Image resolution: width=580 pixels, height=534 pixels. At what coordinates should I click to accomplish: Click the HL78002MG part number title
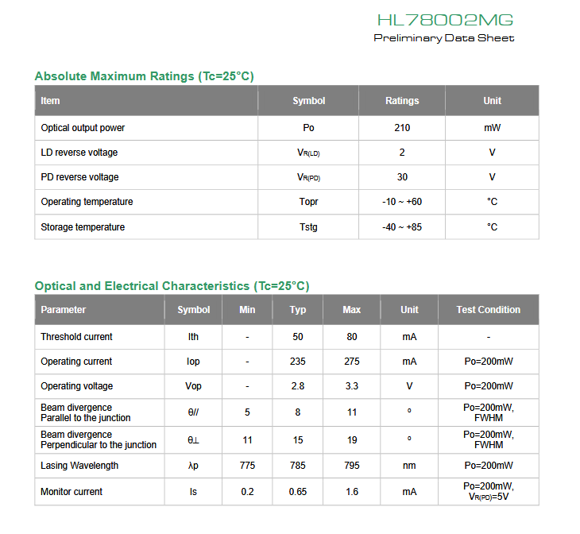tap(445, 20)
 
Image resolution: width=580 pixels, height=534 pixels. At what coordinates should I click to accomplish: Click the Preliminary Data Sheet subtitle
tap(444, 38)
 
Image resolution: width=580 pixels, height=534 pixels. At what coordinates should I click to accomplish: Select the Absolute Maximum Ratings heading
tap(144, 76)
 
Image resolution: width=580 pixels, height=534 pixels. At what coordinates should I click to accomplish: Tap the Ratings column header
tap(402, 101)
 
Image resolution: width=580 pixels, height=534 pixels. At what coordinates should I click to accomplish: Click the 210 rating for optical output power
tap(402, 128)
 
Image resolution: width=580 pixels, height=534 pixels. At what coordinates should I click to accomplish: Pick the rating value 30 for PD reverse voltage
tap(402, 177)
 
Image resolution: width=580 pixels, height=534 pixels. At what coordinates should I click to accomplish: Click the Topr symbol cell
tap(308, 202)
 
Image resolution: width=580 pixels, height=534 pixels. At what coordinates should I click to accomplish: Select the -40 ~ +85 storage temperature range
tap(402, 227)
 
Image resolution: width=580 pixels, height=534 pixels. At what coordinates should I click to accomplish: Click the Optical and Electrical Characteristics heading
tap(172, 286)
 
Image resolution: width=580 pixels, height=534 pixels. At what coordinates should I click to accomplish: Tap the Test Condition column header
tap(489, 310)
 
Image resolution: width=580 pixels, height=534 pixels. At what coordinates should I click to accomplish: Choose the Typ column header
tap(298, 310)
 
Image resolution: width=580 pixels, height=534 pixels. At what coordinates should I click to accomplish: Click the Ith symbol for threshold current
tap(194, 337)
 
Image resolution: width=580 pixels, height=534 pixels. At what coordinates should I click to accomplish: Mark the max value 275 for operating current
tap(352, 362)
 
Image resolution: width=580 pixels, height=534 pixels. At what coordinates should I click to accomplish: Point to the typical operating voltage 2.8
tap(298, 386)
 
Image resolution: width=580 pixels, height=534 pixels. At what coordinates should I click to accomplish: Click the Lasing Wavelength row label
tap(79, 466)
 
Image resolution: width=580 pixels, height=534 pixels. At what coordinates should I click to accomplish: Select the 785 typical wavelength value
tap(298, 466)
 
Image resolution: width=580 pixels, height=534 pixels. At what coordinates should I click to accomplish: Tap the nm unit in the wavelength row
tap(409, 466)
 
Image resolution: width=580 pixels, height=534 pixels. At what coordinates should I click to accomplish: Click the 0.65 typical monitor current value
tap(298, 492)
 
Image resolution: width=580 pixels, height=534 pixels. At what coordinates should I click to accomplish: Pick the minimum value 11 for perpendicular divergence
tap(247, 439)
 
